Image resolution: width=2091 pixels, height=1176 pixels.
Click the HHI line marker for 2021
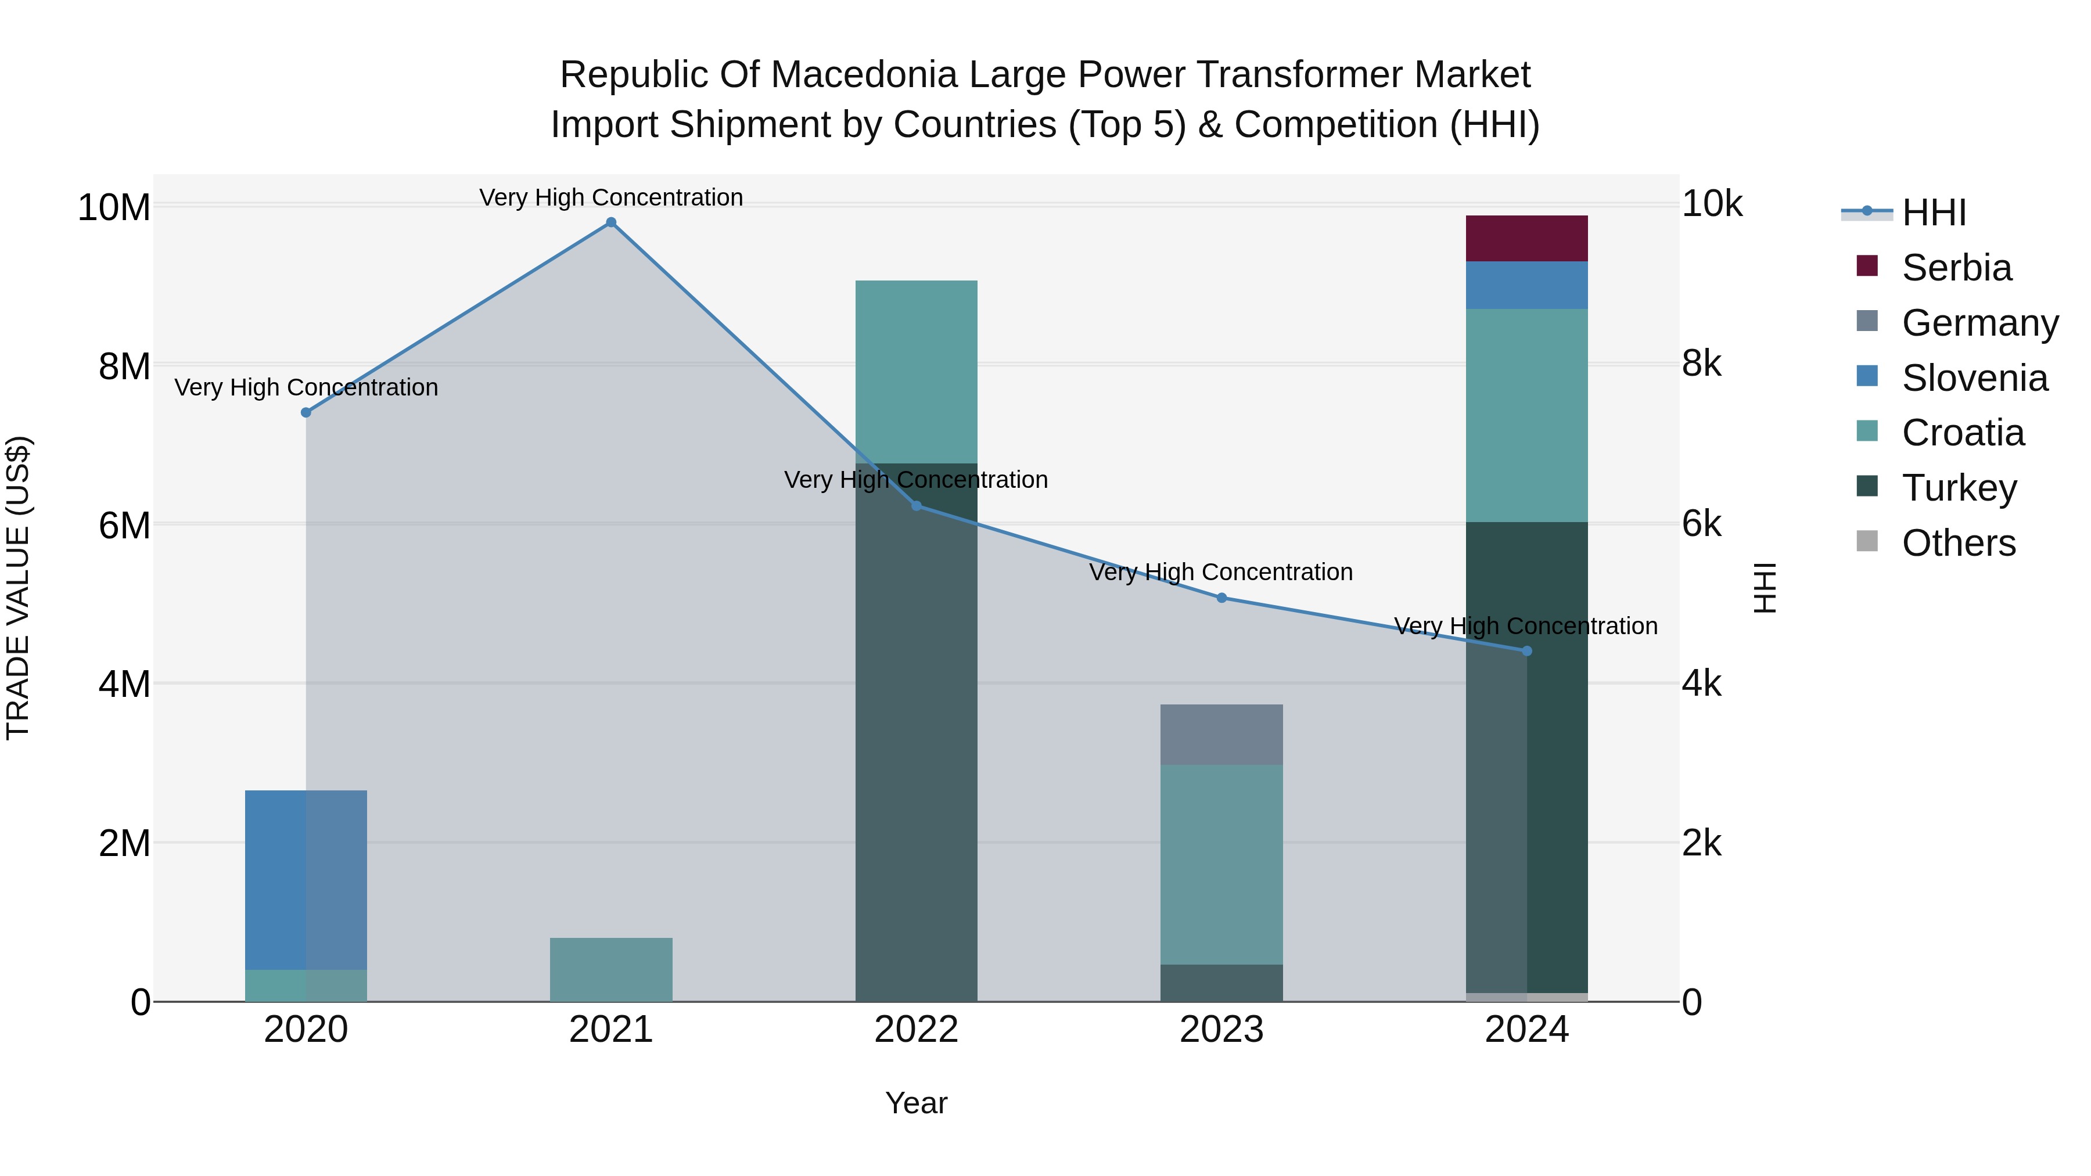coord(611,222)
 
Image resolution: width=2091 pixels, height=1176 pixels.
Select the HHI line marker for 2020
coord(306,412)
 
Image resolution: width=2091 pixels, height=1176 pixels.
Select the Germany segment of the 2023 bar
coord(1221,735)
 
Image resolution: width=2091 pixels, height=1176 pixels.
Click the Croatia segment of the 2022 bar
coord(917,372)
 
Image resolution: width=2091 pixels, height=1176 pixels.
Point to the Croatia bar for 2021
coord(611,969)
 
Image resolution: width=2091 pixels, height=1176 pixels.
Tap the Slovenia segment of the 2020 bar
coord(306,880)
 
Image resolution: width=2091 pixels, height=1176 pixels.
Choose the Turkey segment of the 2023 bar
coord(1221,983)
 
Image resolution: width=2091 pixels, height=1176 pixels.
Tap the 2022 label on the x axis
coord(917,1030)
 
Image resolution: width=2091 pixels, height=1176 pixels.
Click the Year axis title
coord(917,1103)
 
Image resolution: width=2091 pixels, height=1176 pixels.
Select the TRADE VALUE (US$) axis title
coord(18,588)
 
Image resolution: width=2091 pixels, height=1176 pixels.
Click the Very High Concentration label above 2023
coord(1221,572)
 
